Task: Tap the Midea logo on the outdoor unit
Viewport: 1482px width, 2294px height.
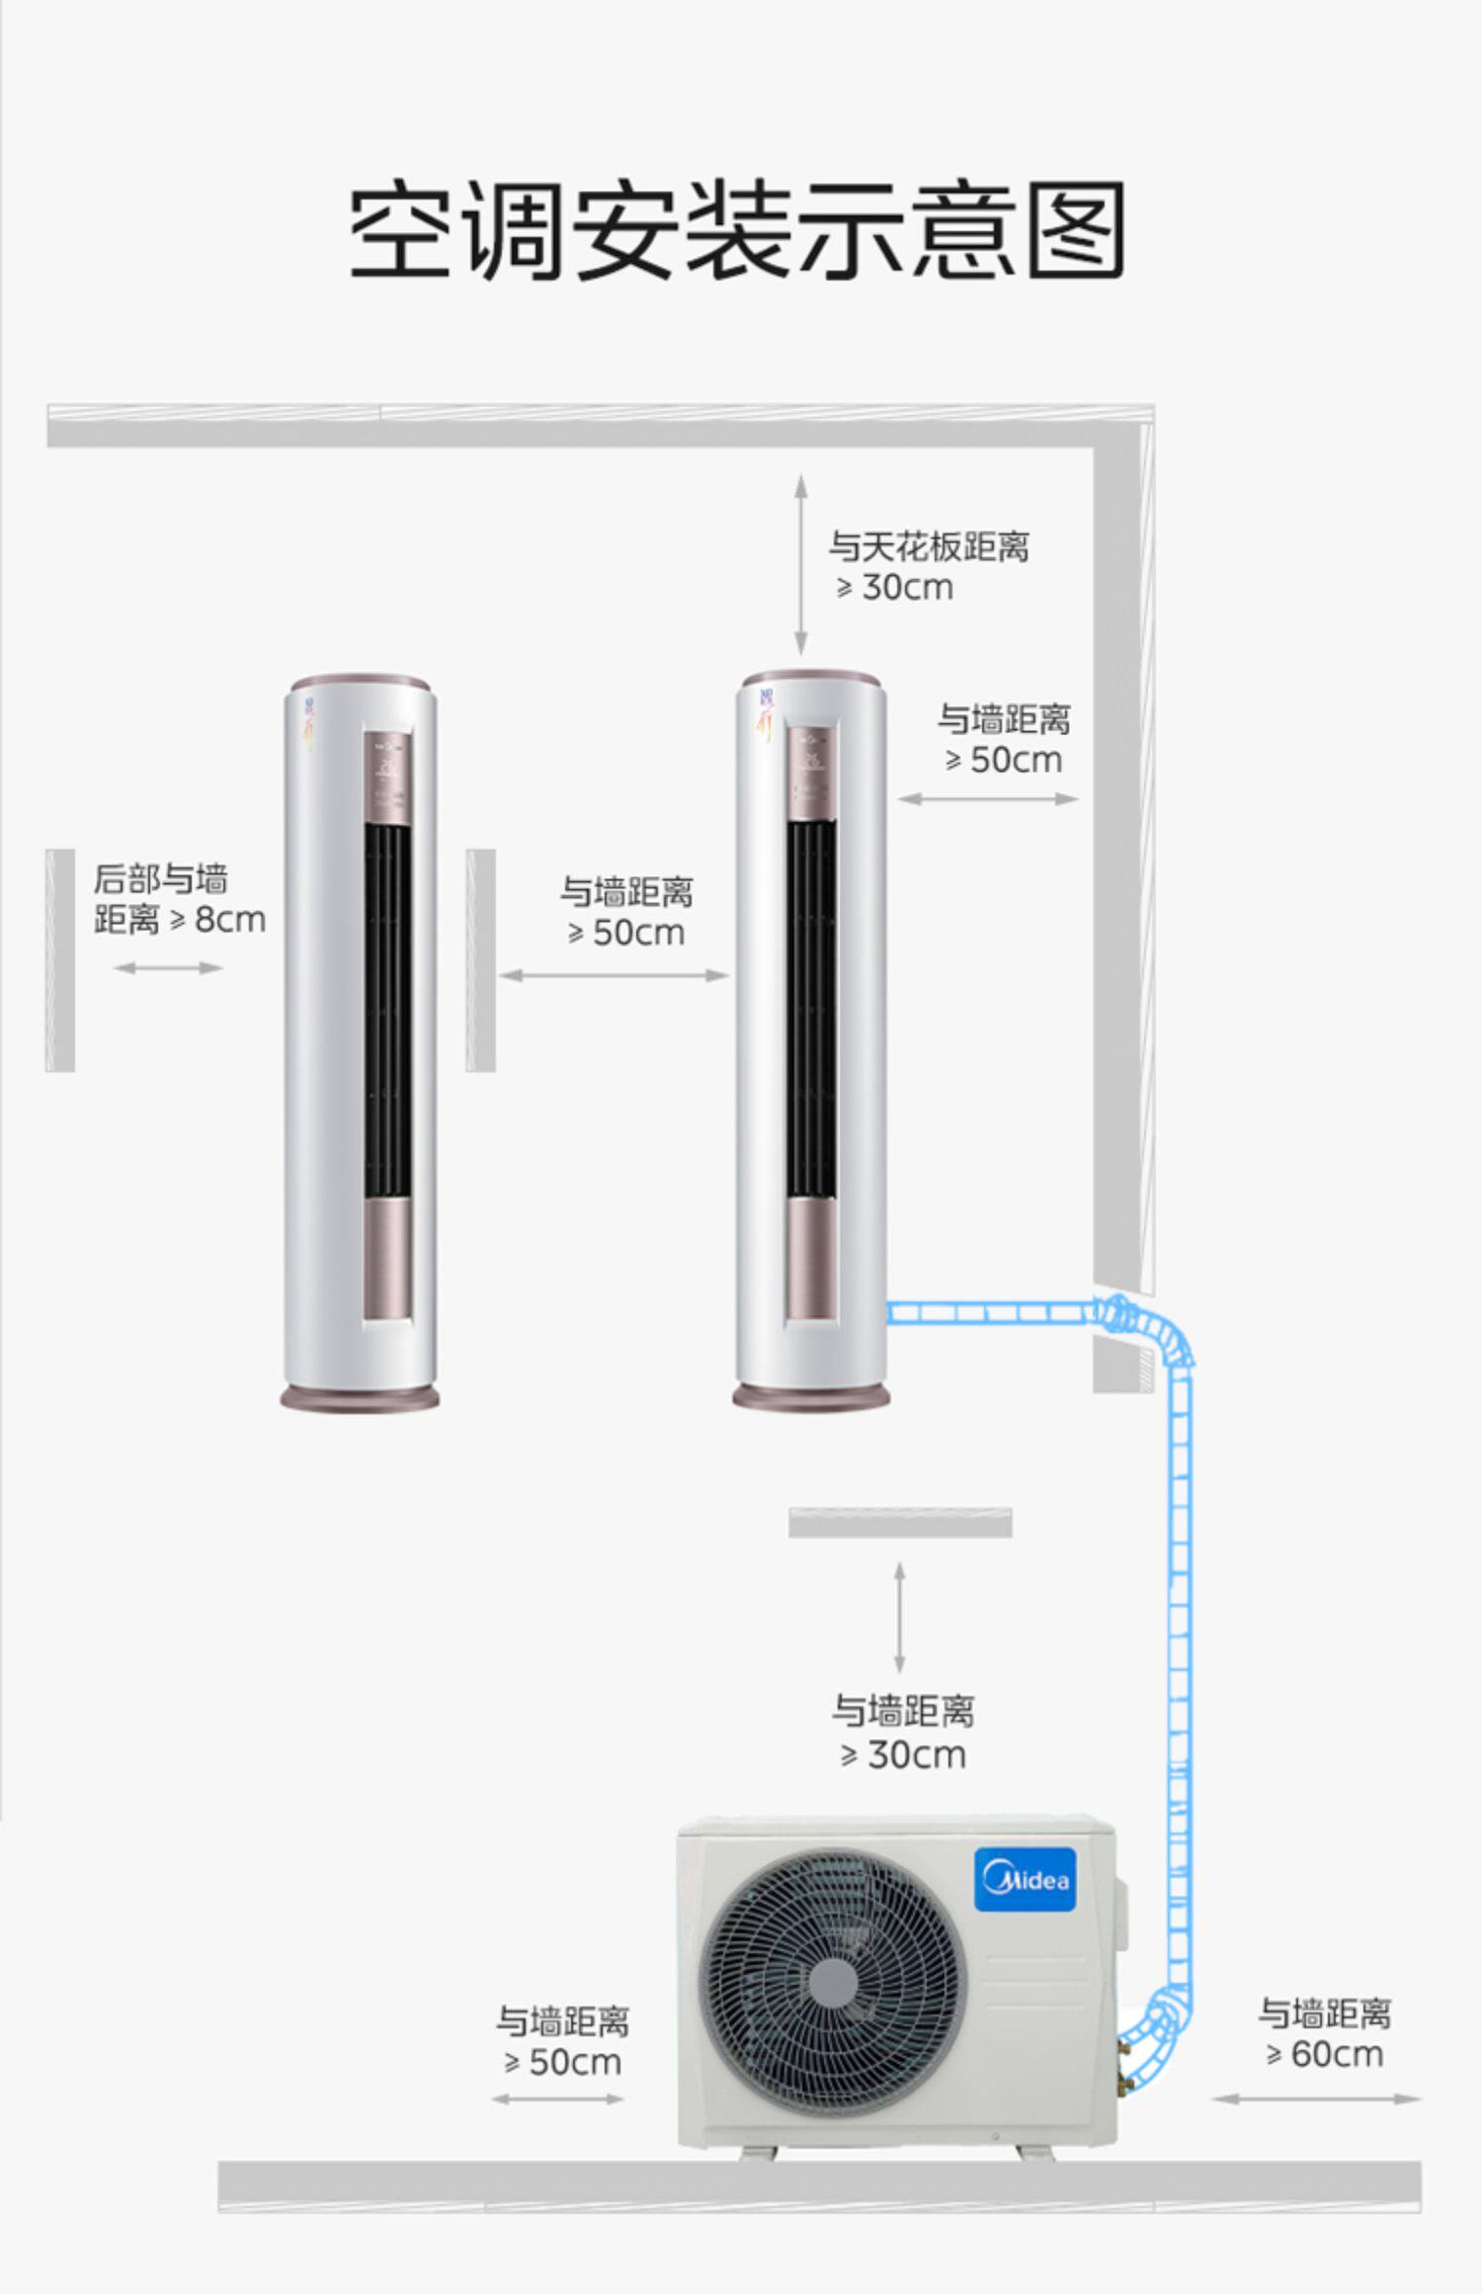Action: tap(1025, 1878)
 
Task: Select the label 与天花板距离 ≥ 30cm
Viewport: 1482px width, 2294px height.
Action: tap(928, 566)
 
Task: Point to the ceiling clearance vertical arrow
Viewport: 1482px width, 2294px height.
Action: tap(800, 564)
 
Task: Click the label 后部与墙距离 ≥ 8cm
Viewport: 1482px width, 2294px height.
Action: tap(179, 899)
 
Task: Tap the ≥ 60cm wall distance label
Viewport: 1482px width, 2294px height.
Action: tap(1324, 2032)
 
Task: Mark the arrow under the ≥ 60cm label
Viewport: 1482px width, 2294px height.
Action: tap(1316, 2098)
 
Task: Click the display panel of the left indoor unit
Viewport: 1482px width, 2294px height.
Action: tap(387, 772)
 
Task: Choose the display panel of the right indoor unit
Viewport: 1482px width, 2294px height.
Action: tap(811, 772)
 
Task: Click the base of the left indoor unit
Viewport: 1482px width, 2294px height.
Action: tap(360, 1397)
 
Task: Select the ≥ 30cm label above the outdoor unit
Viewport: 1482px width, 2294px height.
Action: tap(903, 1733)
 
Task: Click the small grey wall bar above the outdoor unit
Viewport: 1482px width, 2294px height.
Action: tap(899, 1522)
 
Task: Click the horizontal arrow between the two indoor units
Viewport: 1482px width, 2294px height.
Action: tap(614, 975)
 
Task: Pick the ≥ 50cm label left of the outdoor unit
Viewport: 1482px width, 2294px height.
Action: tap(562, 2040)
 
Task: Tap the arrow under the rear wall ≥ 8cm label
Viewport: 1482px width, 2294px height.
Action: tap(168, 967)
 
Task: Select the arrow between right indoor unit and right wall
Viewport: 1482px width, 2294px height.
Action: tap(988, 798)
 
